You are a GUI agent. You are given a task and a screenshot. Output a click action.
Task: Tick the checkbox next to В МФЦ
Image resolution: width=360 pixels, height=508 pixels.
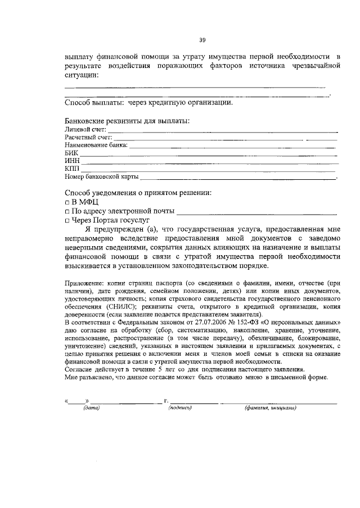click(x=67, y=202)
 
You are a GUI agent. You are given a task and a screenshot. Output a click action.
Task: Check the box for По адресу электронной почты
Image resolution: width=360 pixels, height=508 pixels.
click(x=67, y=212)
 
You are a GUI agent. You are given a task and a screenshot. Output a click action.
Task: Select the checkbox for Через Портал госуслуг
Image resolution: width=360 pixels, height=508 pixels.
click(x=67, y=221)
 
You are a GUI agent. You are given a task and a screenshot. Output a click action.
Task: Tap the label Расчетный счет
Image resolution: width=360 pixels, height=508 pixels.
click(x=88, y=137)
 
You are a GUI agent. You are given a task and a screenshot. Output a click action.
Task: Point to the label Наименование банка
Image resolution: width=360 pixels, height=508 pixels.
click(x=96, y=145)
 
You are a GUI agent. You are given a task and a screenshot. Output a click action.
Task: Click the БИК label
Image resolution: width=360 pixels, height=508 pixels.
click(x=71, y=153)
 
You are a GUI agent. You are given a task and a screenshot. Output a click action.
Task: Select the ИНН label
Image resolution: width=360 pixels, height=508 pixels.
click(x=72, y=161)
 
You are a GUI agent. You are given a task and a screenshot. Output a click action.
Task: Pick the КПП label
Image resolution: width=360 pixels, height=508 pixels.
click(x=72, y=169)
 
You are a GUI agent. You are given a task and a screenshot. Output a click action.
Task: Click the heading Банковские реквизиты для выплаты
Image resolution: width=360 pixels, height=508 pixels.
click(x=127, y=120)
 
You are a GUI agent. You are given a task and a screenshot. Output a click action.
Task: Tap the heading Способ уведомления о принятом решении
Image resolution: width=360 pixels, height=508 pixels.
click(x=138, y=192)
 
